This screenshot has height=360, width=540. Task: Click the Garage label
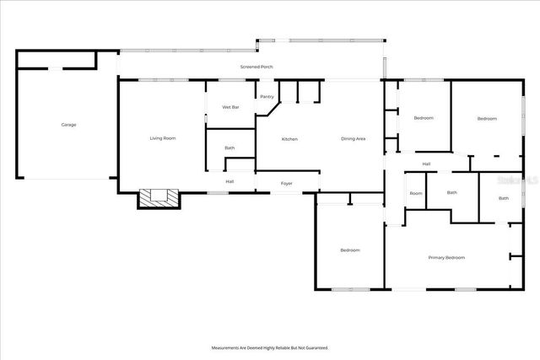68,125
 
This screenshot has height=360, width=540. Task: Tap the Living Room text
163,138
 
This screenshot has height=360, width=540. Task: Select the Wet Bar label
230,107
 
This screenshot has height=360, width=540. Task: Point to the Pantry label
267,97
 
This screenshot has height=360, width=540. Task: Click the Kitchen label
289,139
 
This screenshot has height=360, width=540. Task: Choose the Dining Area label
353,139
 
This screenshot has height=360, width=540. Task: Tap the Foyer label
287,182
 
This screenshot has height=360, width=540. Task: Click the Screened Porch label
256,67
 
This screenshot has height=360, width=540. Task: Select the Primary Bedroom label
446,257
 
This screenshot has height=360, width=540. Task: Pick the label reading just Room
416,193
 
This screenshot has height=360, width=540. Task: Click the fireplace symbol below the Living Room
159,198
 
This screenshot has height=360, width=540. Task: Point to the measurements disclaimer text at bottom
269,347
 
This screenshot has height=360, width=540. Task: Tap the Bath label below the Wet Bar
229,148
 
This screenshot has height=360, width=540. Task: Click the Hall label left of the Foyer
229,181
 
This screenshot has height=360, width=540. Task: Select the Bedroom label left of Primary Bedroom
350,250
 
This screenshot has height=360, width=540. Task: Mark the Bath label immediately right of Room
451,192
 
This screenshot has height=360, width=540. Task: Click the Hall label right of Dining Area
426,164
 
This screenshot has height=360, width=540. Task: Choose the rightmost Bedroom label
487,119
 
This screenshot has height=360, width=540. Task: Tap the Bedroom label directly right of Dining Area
423,118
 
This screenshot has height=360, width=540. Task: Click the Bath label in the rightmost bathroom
503,198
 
